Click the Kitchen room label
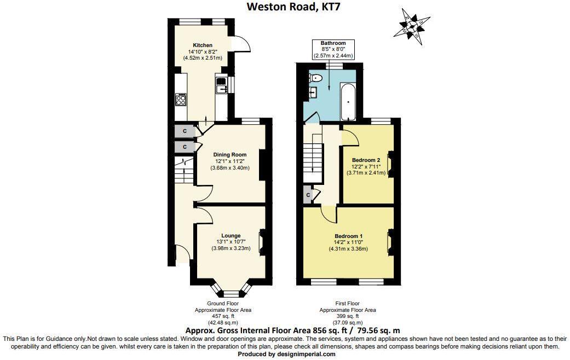(202, 45)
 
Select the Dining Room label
(230, 155)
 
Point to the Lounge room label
(231, 236)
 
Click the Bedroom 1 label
(348, 236)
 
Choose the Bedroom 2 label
(366, 160)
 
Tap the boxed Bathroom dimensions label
(333, 49)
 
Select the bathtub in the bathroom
(348, 101)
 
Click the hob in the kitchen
(181, 99)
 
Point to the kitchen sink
(222, 85)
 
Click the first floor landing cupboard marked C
(308, 194)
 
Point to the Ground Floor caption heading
(222, 303)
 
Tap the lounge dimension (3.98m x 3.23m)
(231, 248)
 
